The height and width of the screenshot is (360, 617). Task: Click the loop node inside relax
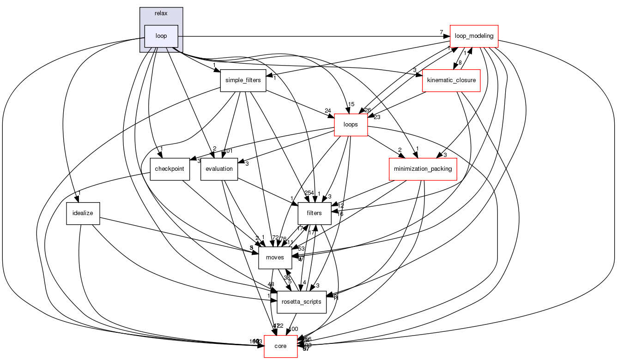(161, 36)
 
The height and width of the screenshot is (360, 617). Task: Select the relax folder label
(161, 13)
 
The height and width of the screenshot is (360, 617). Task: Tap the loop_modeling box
(474, 36)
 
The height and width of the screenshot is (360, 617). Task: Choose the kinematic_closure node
(452, 81)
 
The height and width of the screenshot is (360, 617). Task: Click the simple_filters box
(243, 80)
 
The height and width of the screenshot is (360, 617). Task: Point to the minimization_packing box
(423, 169)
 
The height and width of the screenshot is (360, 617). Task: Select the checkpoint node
(169, 169)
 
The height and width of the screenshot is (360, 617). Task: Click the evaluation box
(219, 169)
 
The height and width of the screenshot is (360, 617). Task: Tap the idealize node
(83, 214)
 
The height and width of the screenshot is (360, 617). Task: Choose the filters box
(314, 213)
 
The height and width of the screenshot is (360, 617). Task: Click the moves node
(275, 258)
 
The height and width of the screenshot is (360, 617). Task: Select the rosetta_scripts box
(302, 302)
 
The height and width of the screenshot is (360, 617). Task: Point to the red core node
(280, 346)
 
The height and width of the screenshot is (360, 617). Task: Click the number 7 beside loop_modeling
(442, 32)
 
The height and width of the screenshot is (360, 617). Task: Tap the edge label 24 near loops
(328, 110)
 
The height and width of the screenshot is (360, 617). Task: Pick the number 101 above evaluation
(228, 150)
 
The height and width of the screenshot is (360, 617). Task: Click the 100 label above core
(293, 329)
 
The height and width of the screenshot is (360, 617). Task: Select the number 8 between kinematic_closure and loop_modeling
(460, 62)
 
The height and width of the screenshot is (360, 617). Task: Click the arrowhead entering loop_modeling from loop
(448, 36)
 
